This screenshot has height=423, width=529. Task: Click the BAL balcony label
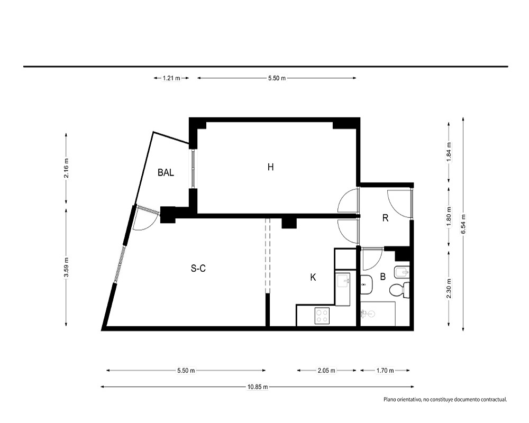coord(166,173)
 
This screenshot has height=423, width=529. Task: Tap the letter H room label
coord(270,167)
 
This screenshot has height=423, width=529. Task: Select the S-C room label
coord(198,268)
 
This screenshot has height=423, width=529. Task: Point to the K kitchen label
coord(313,277)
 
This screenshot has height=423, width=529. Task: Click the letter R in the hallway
coord(385,218)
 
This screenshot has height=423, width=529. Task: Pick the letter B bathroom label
coord(382,277)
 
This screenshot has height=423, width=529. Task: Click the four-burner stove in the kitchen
coord(322,316)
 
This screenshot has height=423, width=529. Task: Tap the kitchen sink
coord(343,280)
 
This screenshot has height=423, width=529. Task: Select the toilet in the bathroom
coord(399,290)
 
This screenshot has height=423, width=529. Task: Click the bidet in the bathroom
coord(402,272)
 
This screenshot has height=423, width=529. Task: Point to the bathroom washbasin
coord(366,284)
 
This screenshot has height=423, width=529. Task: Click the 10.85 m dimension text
coord(258,387)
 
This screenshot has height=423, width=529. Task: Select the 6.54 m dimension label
coord(463,224)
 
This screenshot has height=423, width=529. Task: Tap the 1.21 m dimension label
coord(171,78)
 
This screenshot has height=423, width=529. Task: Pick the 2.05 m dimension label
coord(326,370)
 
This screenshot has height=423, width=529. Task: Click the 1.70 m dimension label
coord(385,370)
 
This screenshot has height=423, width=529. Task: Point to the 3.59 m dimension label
coord(66,267)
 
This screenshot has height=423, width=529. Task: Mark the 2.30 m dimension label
coord(449,288)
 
